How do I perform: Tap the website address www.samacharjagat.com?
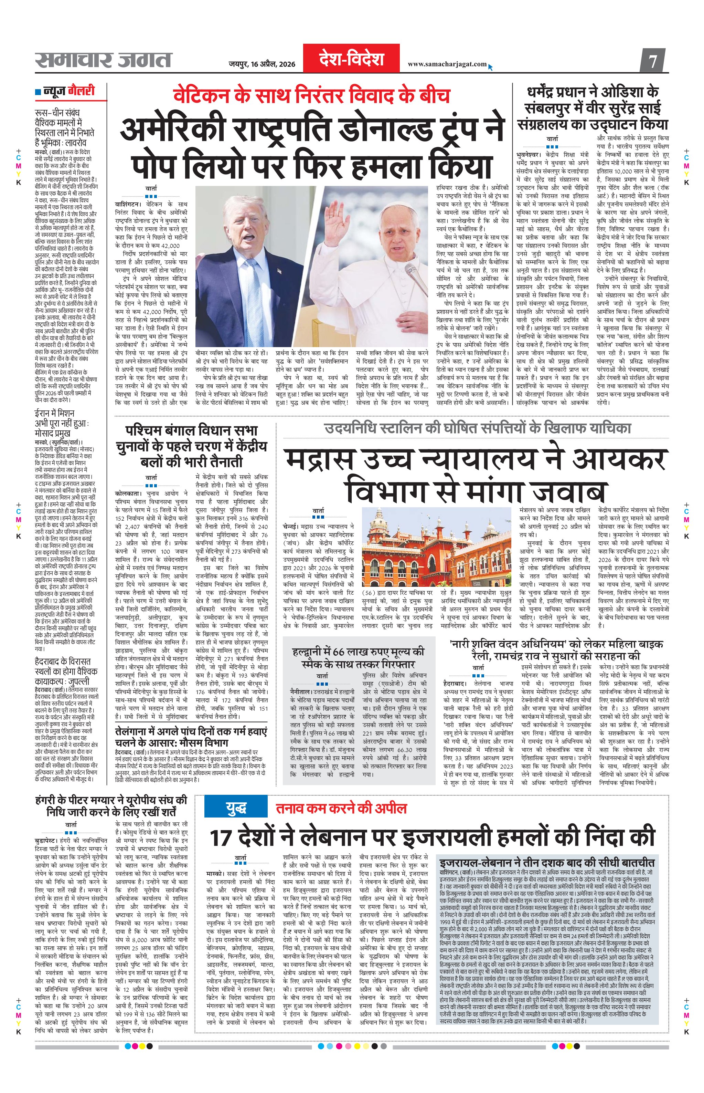(447, 64)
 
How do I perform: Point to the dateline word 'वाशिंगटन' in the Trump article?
(129, 205)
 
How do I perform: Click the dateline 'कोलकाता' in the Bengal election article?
(128, 494)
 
